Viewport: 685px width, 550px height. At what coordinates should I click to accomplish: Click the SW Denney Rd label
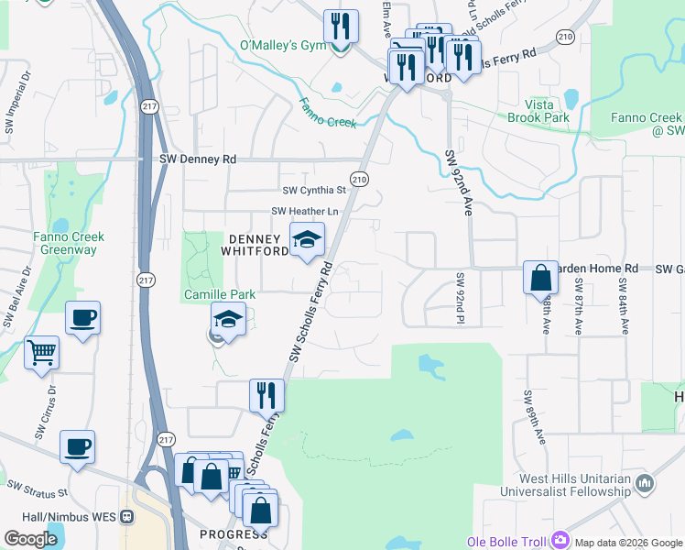point(198,159)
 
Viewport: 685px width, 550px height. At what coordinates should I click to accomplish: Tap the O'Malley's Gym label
point(276,45)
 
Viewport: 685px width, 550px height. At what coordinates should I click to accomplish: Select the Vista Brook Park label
point(540,111)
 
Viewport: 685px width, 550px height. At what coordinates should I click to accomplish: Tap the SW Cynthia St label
point(314,191)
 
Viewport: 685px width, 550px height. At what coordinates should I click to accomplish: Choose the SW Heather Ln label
point(305,212)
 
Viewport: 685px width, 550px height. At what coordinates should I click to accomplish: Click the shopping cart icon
point(42,352)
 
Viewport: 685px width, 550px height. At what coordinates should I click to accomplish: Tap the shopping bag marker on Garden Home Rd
point(540,276)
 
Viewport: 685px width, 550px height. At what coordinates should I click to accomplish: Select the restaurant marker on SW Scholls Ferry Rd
point(266,394)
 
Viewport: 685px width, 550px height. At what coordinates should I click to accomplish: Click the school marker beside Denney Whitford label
point(308,239)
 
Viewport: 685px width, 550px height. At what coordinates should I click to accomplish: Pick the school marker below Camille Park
point(227,320)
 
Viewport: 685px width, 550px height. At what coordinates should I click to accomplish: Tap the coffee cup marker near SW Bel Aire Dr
point(82,318)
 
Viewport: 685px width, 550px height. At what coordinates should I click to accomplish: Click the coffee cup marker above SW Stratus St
point(78,447)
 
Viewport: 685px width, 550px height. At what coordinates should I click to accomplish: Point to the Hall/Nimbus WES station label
point(58,517)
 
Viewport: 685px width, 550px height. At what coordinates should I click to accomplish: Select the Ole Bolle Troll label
point(506,541)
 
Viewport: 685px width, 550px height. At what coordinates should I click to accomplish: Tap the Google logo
point(30,539)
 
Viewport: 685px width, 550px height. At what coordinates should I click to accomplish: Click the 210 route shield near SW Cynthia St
point(359,180)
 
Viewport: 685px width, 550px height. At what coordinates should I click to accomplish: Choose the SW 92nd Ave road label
point(457,183)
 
